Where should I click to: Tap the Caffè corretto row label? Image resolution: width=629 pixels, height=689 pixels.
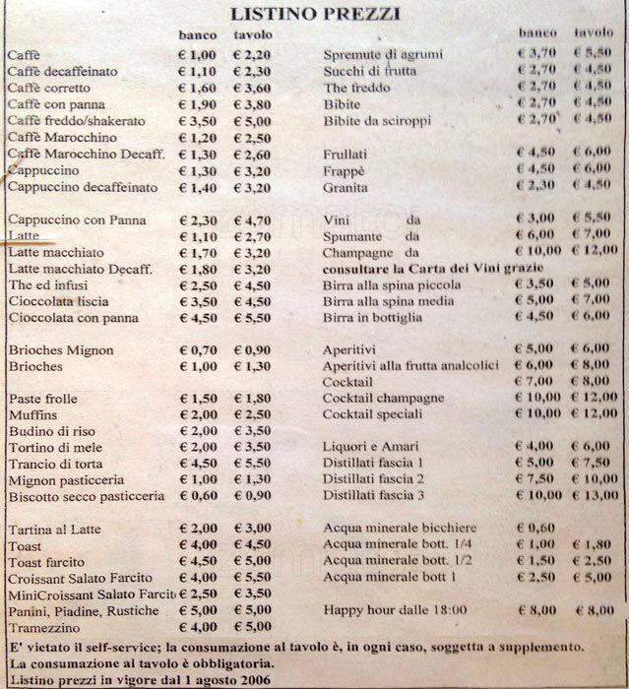click(46, 89)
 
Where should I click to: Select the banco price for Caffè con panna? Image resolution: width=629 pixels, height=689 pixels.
click(196, 104)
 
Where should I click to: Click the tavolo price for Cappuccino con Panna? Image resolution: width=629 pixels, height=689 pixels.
click(252, 220)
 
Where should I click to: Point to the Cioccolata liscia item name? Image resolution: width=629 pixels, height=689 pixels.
click(58, 301)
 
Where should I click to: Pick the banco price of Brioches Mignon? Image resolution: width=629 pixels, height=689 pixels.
click(196, 350)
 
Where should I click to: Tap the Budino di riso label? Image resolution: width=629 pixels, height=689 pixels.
click(49, 431)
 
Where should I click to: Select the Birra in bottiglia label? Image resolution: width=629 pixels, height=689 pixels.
click(373, 317)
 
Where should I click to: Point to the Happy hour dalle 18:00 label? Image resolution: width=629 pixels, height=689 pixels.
click(395, 609)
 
